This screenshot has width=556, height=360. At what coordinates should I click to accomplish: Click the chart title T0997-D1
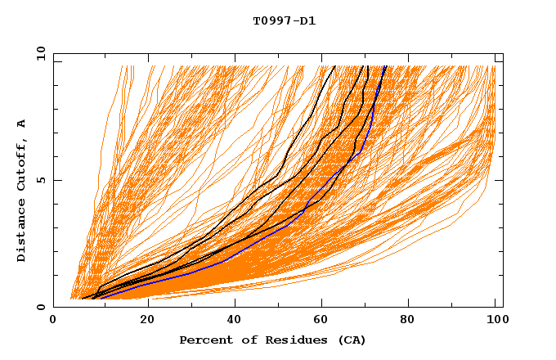coord(284,20)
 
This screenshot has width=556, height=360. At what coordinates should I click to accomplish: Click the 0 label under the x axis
coord(54,322)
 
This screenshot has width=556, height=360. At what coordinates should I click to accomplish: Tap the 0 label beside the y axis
coord(41,307)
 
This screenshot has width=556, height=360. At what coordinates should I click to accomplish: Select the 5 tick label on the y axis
coord(41,180)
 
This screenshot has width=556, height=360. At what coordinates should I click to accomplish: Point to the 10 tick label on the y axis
coord(38,53)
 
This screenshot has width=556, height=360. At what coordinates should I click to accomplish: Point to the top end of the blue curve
coord(386,66)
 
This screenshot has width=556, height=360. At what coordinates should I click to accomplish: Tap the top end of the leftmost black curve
coord(334,66)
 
